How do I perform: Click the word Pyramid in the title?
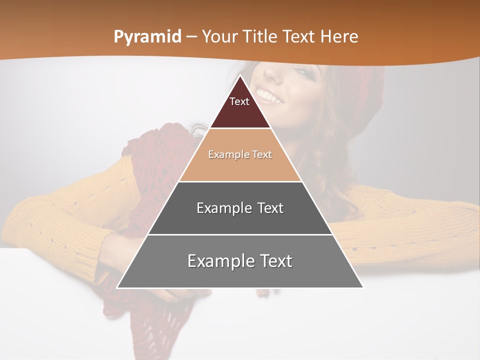pyautogui.click(x=147, y=37)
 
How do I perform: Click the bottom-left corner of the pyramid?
pyautogui.click(x=117, y=287)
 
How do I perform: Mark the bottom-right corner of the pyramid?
pyautogui.click(x=362, y=287)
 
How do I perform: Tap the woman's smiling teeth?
pyautogui.click(x=268, y=94)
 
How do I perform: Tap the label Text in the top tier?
pyautogui.click(x=239, y=101)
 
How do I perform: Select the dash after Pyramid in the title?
pyautogui.click(x=191, y=37)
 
